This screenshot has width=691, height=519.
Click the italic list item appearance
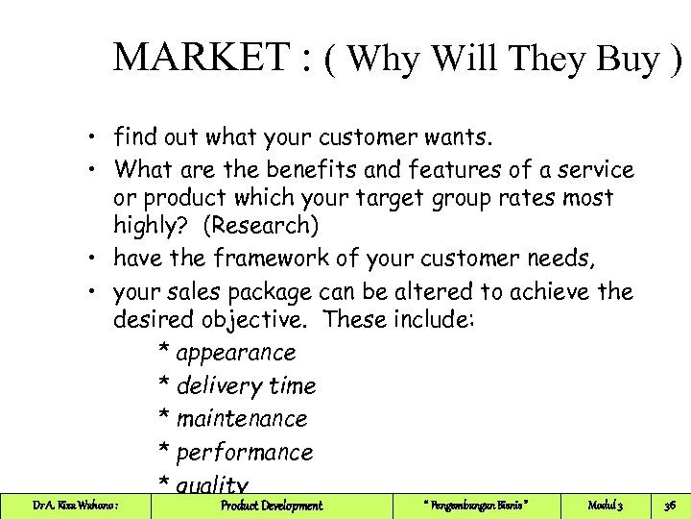pos(235,353)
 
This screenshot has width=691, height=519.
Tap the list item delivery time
pos(246,385)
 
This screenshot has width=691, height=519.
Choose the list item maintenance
pos(242,419)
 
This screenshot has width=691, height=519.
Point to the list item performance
pos(245,452)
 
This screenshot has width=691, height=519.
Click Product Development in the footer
pos(272,506)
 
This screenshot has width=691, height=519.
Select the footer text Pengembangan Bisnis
pos(476,506)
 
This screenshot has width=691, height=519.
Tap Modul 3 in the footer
pos(606,506)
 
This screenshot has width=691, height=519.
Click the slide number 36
pos(668,506)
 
